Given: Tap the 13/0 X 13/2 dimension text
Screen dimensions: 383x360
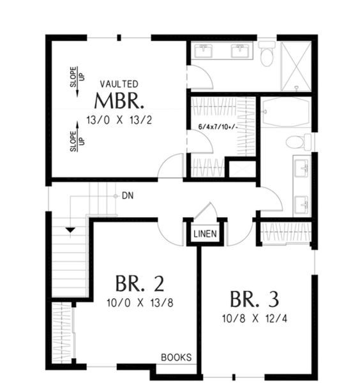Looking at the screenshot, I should pos(119,119).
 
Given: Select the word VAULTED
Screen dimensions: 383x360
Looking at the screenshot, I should pos(119,84).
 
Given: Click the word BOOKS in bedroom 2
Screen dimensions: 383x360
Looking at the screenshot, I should pos(176,357).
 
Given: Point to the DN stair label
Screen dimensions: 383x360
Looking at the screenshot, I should pos(127,196).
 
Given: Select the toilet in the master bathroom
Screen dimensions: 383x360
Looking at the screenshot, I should pos(267,55).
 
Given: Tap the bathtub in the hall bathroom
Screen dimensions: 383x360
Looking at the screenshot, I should pos(285,112).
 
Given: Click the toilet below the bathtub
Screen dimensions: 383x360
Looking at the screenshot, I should pos(297,142).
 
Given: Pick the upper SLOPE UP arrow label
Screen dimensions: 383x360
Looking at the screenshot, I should pos(74,78).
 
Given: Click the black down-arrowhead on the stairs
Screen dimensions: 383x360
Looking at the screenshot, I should pos(70,229).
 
